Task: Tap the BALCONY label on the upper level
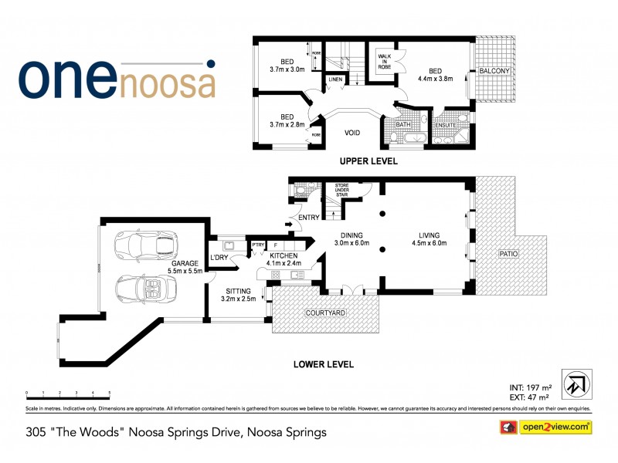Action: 494,71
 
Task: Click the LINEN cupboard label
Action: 335,79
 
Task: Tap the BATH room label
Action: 402,124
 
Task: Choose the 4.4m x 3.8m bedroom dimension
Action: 435,77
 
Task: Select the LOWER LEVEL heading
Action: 324,363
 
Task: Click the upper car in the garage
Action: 145,245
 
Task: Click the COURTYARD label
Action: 325,313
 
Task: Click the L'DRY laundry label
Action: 218,258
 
